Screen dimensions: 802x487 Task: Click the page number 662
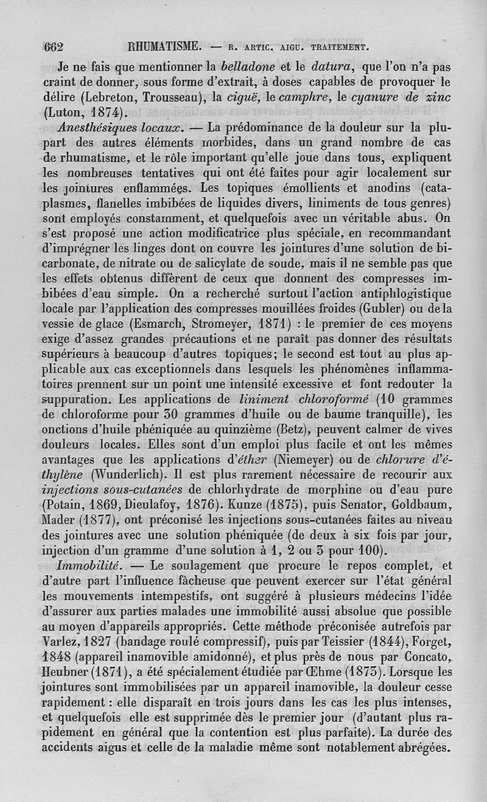pos(55,46)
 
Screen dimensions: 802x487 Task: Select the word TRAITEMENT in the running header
pos(340,47)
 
